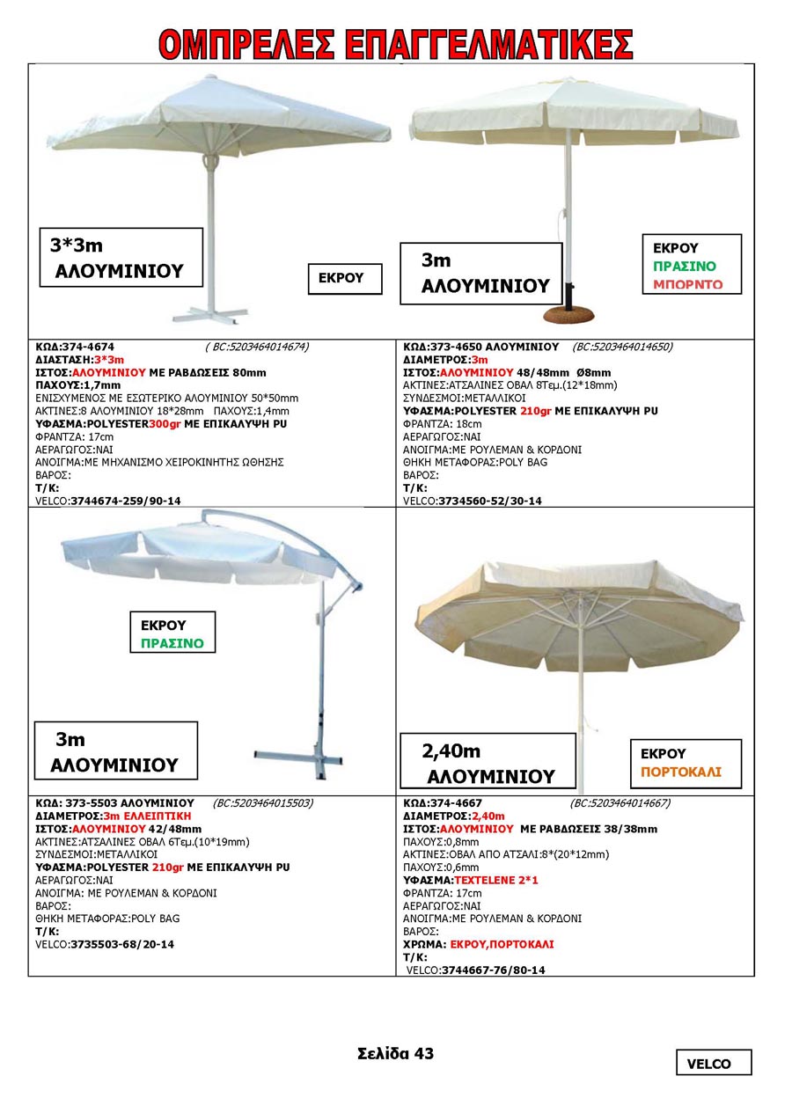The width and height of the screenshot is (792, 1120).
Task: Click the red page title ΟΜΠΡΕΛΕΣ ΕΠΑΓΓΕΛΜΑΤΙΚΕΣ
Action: [396, 44]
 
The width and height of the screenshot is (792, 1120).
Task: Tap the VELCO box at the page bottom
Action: [714, 1063]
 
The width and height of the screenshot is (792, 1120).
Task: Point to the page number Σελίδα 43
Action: [395, 1053]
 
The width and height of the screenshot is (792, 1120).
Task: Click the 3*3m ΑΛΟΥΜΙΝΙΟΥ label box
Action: [121, 257]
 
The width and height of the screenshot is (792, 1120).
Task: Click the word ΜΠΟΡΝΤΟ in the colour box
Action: [687, 284]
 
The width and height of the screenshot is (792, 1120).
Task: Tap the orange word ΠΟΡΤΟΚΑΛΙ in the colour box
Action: [680, 772]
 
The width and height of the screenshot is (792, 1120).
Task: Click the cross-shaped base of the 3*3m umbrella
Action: [204, 314]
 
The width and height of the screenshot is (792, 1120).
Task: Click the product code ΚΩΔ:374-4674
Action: [75, 347]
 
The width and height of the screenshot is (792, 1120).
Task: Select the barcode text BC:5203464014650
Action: [622, 347]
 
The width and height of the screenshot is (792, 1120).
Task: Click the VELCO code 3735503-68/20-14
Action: [122, 944]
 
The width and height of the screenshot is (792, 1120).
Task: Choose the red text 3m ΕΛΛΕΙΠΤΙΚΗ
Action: [143, 816]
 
